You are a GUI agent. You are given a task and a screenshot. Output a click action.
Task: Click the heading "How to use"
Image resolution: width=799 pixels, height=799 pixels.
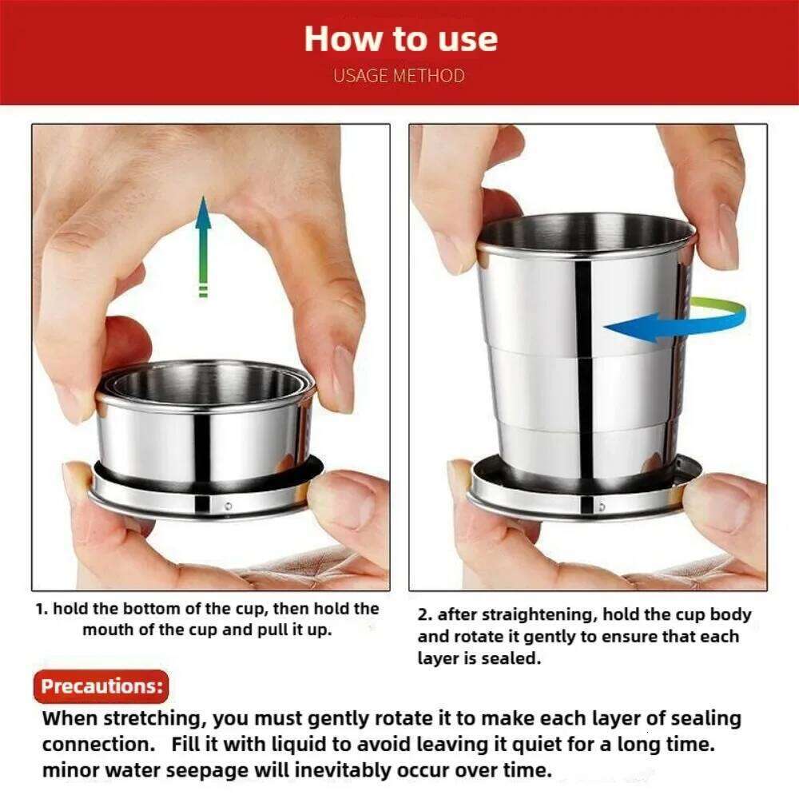click(399, 39)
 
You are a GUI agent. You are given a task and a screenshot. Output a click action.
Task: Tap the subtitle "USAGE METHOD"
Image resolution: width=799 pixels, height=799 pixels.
click(399, 76)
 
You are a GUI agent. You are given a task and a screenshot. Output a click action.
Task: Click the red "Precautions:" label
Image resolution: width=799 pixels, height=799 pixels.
click(101, 686)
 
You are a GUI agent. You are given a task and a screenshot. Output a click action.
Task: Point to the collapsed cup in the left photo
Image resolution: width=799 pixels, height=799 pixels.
click(205, 439)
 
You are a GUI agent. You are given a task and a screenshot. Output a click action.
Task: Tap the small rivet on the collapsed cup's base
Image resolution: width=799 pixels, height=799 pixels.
click(228, 506)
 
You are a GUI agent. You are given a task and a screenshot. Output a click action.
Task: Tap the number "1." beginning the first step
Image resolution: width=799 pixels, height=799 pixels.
click(42, 609)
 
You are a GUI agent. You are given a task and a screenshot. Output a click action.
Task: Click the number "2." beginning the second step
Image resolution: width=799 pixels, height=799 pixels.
click(425, 615)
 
